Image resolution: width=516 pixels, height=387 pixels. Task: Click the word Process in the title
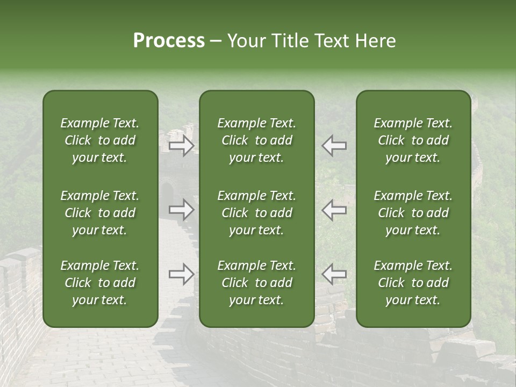(x=169, y=41)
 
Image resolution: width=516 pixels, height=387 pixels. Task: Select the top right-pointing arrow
(x=181, y=145)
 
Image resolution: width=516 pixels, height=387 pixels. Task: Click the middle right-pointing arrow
(x=181, y=210)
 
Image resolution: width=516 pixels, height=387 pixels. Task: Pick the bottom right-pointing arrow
(x=181, y=274)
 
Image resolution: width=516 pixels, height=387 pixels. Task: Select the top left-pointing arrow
(x=334, y=145)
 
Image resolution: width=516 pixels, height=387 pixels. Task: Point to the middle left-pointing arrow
(x=334, y=210)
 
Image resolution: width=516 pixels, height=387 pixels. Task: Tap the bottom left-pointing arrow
(x=334, y=274)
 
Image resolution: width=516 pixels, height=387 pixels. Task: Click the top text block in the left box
(x=100, y=140)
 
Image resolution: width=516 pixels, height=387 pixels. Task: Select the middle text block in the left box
(x=100, y=213)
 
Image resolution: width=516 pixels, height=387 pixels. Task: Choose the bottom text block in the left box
(x=100, y=283)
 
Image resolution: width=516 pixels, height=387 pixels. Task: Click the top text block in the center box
(x=257, y=140)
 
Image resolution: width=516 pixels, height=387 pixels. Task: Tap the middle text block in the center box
(x=257, y=213)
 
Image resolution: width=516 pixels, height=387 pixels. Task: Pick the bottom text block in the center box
(x=257, y=283)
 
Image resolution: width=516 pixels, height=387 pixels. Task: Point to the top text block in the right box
(x=413, y=140)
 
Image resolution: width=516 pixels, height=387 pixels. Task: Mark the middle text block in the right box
(x=413, y=213)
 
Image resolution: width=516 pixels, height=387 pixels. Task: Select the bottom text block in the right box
(x=413, y=283)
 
